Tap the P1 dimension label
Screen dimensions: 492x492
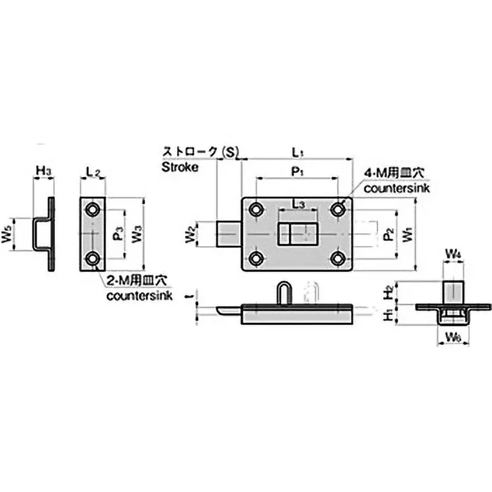[x=297, y=173]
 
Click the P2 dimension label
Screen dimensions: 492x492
[x=387, y=234]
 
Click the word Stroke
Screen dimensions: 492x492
[x=180, y=166]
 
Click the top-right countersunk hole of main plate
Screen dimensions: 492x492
[x=338, y=210]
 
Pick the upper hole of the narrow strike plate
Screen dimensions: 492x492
[x=93, y=210]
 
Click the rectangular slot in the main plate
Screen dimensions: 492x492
[x=296, y=234]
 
